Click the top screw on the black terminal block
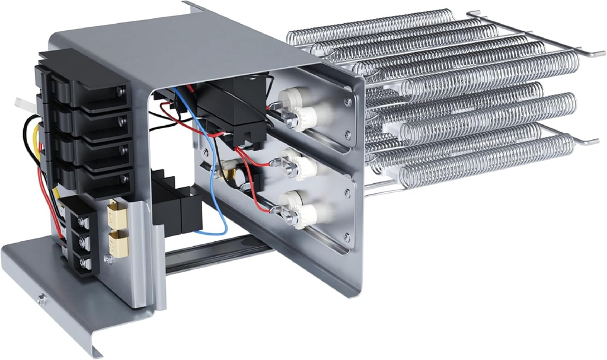(x=85, y=222)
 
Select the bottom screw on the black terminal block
(x=86, y=262)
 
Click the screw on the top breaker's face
(x=121, y=90)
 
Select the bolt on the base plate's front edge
(x=41, y=300)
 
